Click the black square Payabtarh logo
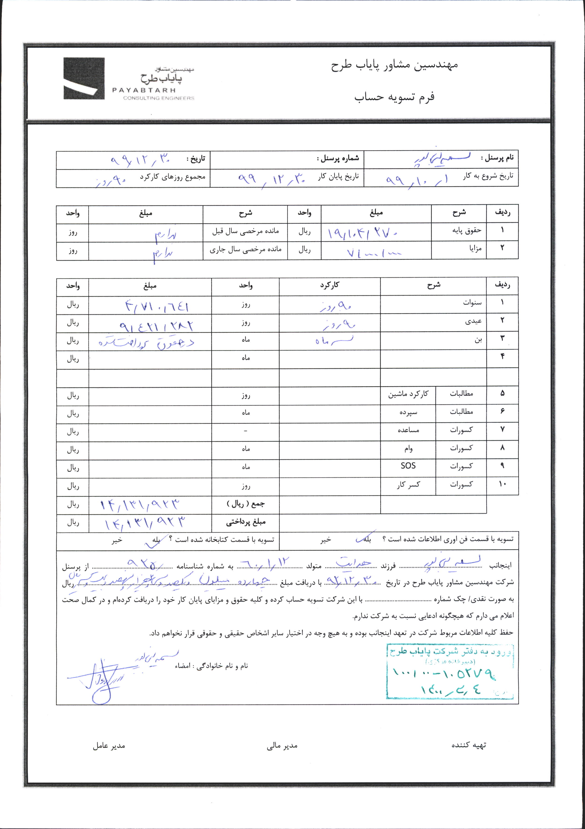pos(84,78)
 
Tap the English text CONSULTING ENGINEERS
pos(158,98)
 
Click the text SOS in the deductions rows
pos(408,466)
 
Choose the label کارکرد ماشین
pos(408,394)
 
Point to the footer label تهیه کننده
pos(468,745)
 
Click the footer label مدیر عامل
pos(109,746)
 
